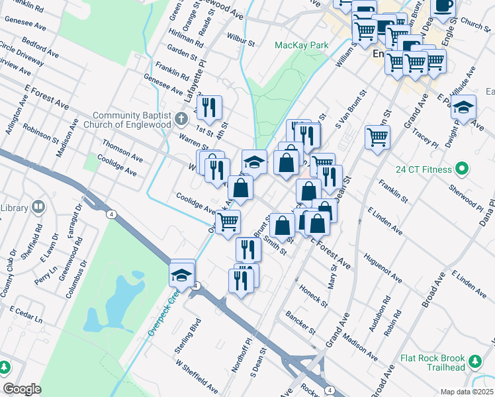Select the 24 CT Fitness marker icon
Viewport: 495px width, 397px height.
pos(462,169)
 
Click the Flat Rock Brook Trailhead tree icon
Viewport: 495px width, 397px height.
pos(475,361)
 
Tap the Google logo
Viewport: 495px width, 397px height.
pos(22,389)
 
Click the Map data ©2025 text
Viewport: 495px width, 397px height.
pos(467,392)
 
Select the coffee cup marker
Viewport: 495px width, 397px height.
pos(443,6)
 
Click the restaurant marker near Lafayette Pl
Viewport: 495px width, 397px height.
pos(209,107)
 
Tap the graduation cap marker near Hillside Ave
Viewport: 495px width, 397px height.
pos(464,106)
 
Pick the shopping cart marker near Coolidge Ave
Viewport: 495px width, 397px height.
pos(228,222)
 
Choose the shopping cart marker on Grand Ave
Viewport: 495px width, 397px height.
pos(377,138)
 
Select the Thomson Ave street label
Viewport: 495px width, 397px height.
pos(122,150)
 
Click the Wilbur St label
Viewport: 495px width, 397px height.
pos(241,40)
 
